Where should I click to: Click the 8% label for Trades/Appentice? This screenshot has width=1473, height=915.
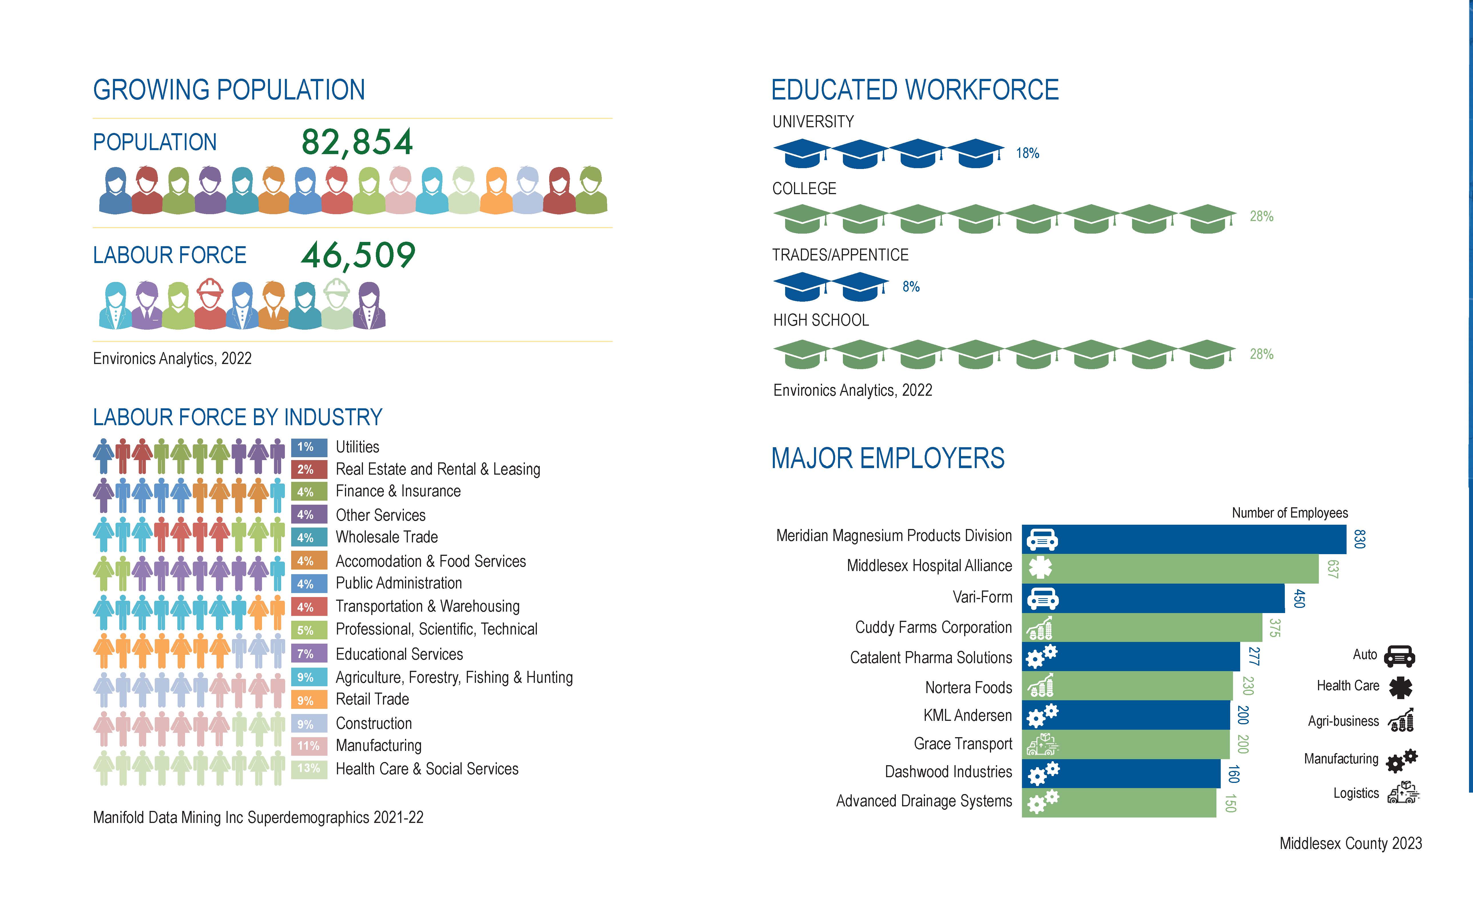point(911,287)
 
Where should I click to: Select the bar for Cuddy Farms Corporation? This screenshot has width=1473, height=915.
point(1142,628)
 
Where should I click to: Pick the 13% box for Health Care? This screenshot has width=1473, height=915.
point(309,769)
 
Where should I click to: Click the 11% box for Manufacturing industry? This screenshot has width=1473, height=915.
point(309,745)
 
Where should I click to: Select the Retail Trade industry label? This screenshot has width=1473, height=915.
point(372,700)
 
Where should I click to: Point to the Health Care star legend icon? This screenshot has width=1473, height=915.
point(1400,687)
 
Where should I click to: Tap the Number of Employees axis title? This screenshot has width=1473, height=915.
point(1290,513)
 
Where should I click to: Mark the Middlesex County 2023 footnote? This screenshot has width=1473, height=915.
point(1350,844)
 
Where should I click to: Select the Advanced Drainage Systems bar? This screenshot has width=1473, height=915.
point(1118,802)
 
